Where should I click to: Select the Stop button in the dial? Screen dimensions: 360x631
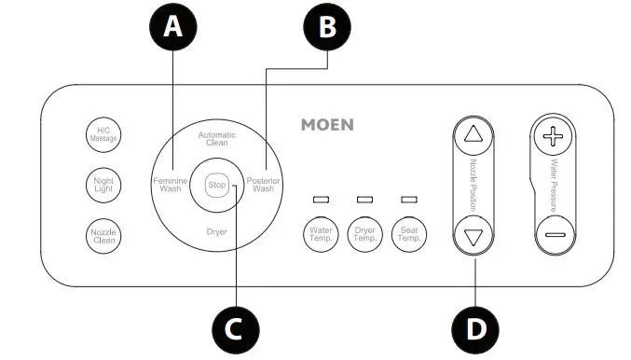[x=217, y=185]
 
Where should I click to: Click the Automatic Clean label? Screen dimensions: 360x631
[x=217, y=139]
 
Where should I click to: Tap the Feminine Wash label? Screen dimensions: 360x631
[x=171, y=184]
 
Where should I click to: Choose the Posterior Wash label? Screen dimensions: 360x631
[x=264, y=184]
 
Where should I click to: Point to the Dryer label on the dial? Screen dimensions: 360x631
[x=217, y=230]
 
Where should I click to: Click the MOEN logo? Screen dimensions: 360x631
[x=327, y=124]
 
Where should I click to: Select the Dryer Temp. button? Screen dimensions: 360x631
[x=364, y=233]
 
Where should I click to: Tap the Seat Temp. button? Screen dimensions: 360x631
[x=408, y=233]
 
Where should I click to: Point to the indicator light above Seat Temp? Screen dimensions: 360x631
[x=408, y=201]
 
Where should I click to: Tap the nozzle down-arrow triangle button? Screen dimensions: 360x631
[x=473, y=235]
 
